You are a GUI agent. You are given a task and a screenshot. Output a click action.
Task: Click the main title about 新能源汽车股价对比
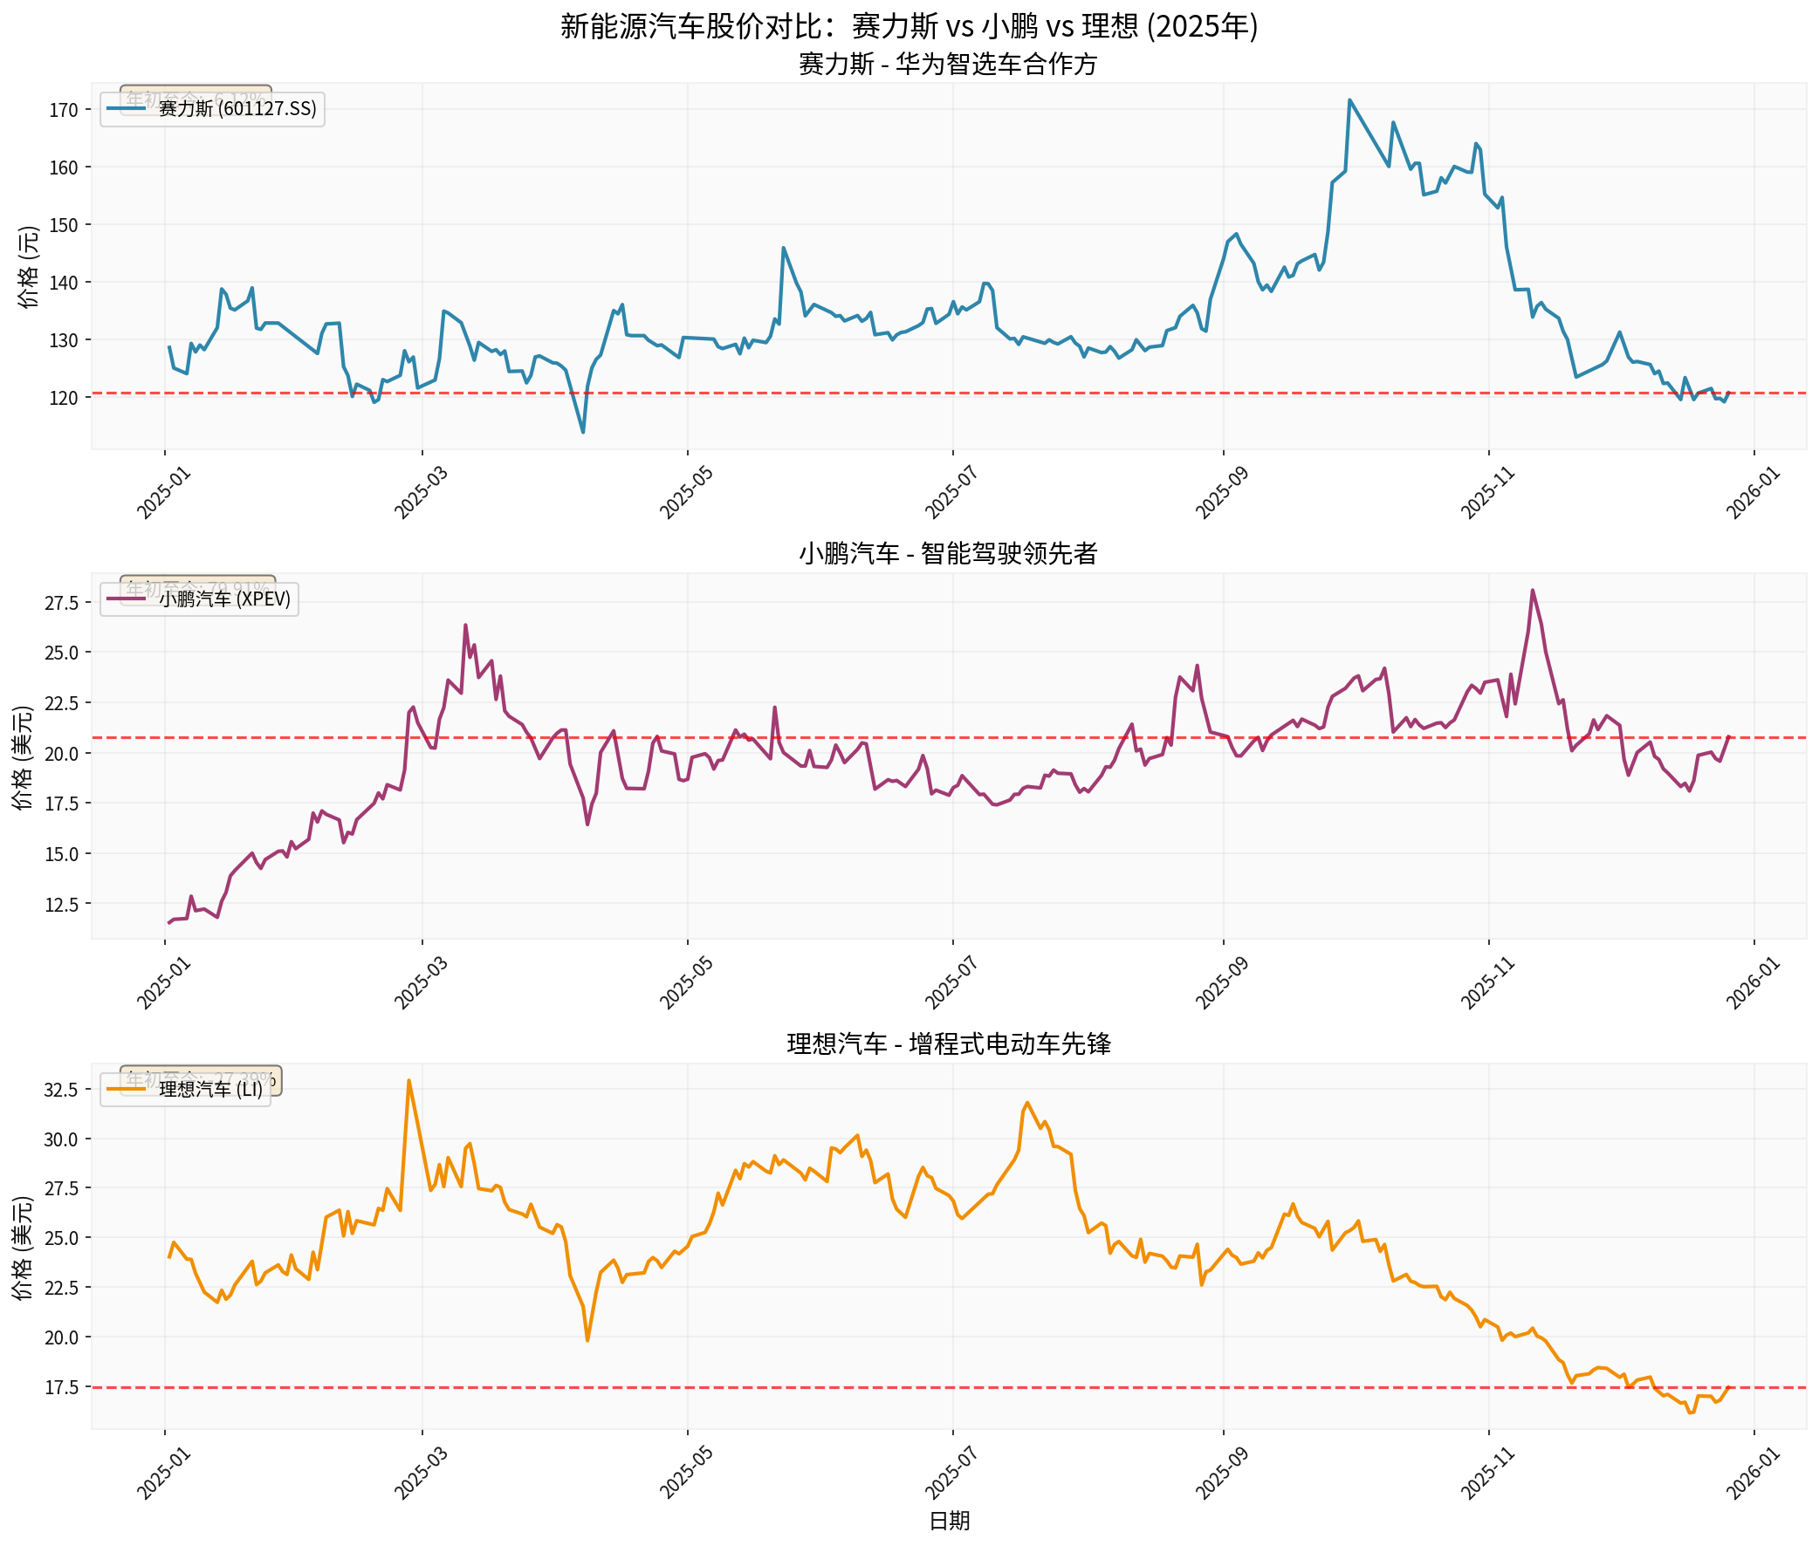(909, 26)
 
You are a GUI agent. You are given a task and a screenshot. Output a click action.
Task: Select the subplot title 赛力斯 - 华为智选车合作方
(948, 64)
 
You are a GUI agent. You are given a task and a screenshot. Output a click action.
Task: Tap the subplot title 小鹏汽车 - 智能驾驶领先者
(948, 553)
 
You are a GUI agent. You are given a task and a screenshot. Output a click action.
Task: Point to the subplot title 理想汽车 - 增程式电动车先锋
(949, 1043)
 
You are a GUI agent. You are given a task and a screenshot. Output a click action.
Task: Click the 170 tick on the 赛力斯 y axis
(63, 111)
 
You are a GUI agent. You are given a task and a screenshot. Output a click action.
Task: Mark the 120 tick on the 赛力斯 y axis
(63, 398)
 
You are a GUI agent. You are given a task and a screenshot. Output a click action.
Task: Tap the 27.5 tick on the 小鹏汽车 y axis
(61, 603)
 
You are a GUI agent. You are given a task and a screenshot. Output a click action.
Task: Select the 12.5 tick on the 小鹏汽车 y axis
(61, 905)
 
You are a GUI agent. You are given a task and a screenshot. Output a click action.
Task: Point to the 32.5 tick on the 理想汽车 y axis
(61, 1090)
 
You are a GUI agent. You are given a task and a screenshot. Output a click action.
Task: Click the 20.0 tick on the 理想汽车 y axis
(61, 1337)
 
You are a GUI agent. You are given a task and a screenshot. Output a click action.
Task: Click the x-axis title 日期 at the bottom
(949, 1521)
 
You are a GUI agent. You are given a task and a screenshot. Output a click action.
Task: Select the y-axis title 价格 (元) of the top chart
(29, 267)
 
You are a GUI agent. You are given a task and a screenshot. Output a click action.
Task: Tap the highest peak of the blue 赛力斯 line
(1349, 100)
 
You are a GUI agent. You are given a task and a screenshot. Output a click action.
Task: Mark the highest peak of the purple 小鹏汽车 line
(1533, 590)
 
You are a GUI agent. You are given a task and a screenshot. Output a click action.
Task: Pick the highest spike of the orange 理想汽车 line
(408, 1081)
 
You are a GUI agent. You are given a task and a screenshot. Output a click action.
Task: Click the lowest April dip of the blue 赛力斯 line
(583, 432)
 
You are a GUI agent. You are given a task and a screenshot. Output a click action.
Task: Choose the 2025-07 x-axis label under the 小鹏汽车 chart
(951, 983)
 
